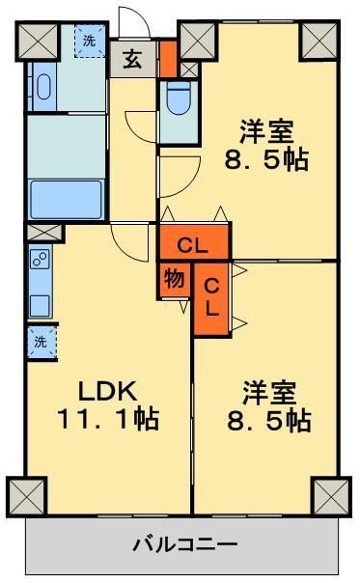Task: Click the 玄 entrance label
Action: pyautogui.click(x=133, y=60)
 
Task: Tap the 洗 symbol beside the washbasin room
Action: pyautogui.click(x=90, y=41)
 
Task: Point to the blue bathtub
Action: pyautogui.click(x=67, y=199)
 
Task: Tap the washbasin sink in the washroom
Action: pyautogui.click(x=41, y=88)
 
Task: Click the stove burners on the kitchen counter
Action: pyautogui.click(x=39, y=260)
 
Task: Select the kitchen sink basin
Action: pyautogui.click(x=39, y=304)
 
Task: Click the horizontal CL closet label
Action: pyautogui.click(x=194, y=241)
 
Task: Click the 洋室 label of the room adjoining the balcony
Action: pyautogui.click(x=267, y=394)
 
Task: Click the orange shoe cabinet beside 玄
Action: pyautogui.click(x=167, y=58)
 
